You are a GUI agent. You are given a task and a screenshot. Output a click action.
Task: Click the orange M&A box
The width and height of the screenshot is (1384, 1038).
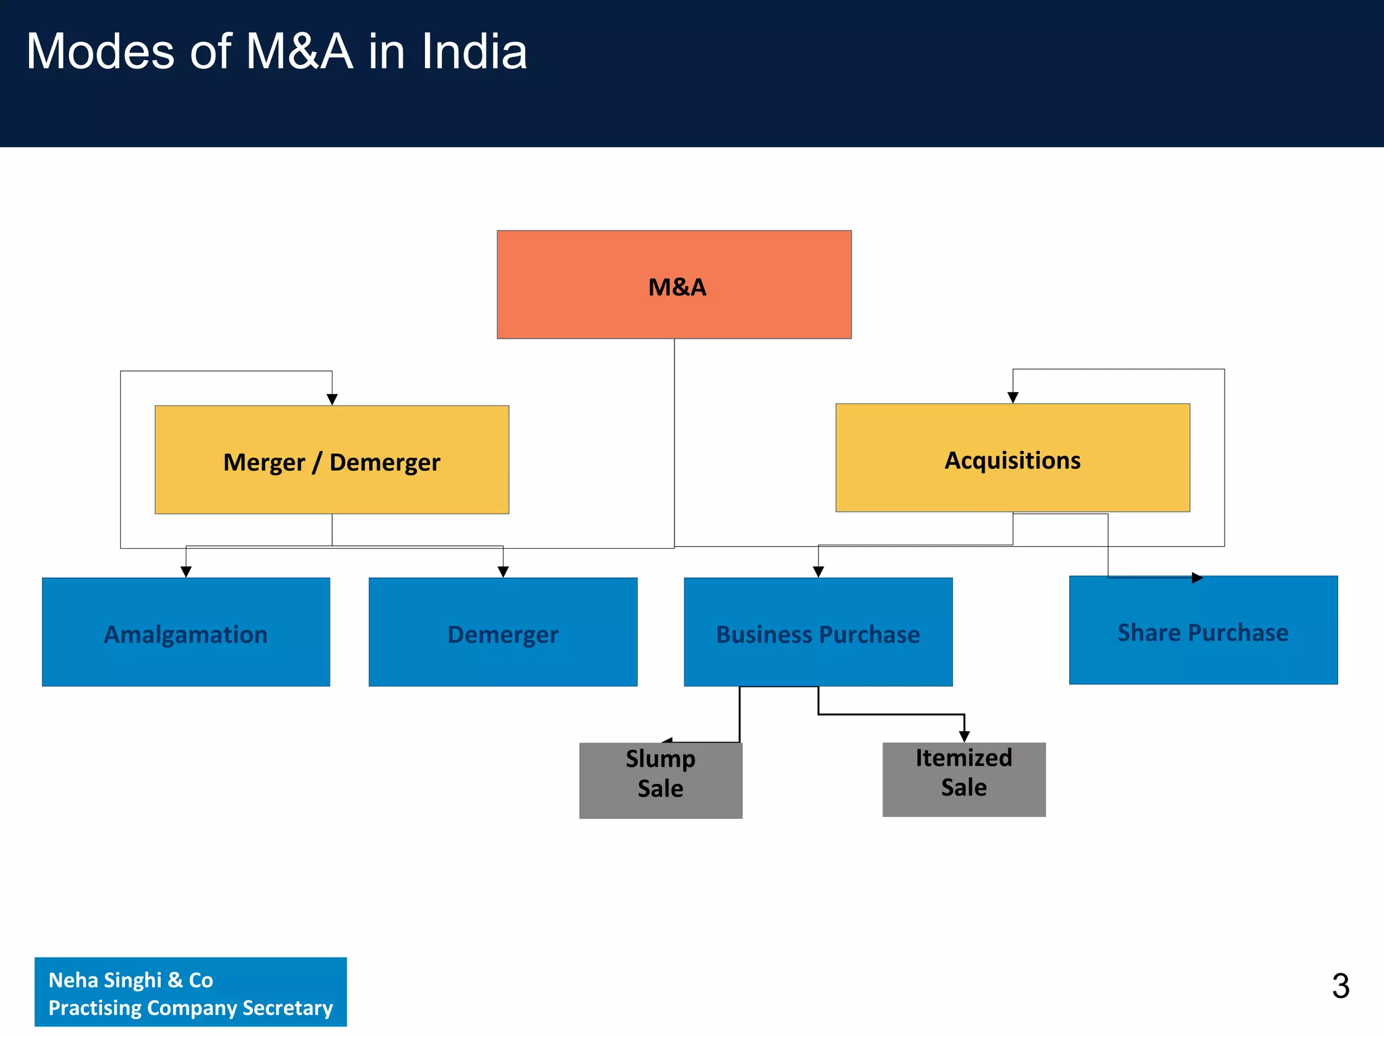(674, 285)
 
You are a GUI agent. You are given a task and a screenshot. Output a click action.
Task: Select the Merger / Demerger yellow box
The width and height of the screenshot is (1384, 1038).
(331, 460)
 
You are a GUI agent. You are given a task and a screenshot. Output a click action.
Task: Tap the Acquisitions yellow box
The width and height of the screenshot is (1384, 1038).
(1012, 458)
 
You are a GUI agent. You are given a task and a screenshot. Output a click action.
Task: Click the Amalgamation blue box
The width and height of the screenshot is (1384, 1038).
(186, 633)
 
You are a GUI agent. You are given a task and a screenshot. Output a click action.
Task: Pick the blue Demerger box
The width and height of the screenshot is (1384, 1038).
(503, 633)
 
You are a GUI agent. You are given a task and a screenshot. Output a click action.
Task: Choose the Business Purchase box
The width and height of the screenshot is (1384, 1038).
(818, 633)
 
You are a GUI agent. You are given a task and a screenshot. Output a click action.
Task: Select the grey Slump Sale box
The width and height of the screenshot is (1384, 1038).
(660, 781)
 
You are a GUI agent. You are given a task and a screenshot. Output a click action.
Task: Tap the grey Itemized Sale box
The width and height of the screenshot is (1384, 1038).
(964, 779)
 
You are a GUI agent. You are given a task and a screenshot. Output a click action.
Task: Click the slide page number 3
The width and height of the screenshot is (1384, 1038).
(1341, 986)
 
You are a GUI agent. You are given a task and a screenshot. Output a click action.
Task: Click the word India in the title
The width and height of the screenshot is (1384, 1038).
(474, 52)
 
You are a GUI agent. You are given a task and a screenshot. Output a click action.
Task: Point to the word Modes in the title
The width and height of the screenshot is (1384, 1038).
(100, 52)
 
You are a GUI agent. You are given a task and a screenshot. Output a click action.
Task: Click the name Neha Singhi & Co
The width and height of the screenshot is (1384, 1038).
(131, 980)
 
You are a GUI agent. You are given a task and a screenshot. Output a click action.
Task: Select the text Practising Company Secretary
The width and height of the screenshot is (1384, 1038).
(191, 1008)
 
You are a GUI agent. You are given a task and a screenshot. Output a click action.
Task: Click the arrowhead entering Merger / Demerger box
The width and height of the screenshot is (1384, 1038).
(332, 400)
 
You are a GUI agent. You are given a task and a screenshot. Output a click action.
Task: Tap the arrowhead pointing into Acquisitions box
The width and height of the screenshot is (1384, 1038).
(1012, 398)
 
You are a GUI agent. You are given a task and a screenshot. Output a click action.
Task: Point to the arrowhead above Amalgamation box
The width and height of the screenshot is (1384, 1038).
(186, 572)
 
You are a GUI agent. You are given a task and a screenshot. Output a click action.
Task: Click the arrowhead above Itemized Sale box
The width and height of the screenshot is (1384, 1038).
(964, 737)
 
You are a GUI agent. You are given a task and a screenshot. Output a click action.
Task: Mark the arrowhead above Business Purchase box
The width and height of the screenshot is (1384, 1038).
(818, 572)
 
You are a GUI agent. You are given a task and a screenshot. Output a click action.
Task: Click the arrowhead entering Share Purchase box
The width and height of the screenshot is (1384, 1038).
(1197, 578)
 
